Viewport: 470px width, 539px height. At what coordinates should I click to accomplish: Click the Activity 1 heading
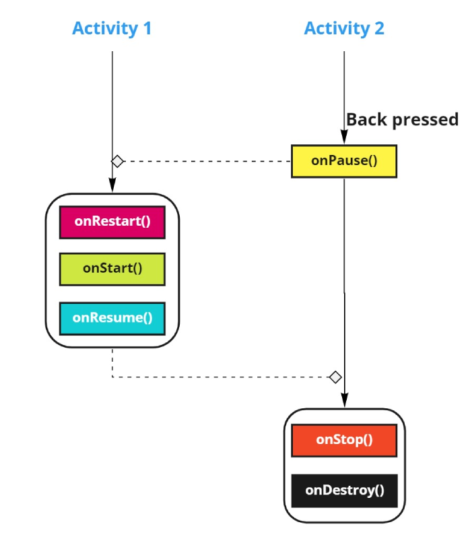point(112,28)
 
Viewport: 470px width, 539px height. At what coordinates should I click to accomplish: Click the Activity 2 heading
point(344,28)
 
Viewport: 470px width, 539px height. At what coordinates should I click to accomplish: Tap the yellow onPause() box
point(344,161)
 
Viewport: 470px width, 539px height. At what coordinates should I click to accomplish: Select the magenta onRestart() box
point(112,222)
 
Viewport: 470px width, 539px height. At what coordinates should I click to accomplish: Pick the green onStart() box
point(112,269)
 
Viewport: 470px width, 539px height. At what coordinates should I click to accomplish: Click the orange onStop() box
point(344,440)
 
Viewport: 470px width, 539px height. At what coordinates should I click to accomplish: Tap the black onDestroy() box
point(344,490)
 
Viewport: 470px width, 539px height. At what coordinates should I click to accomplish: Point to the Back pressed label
point(402,120)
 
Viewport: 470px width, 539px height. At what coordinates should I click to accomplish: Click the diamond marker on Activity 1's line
point(117,161)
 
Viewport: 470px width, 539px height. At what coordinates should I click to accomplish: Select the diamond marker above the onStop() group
point(335,377)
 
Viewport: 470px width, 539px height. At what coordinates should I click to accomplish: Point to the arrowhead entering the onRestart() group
point(112,188)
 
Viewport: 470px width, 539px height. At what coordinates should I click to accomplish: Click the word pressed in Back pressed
point(425,120)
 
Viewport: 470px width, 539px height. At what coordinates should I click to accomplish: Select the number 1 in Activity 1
point(146,28)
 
